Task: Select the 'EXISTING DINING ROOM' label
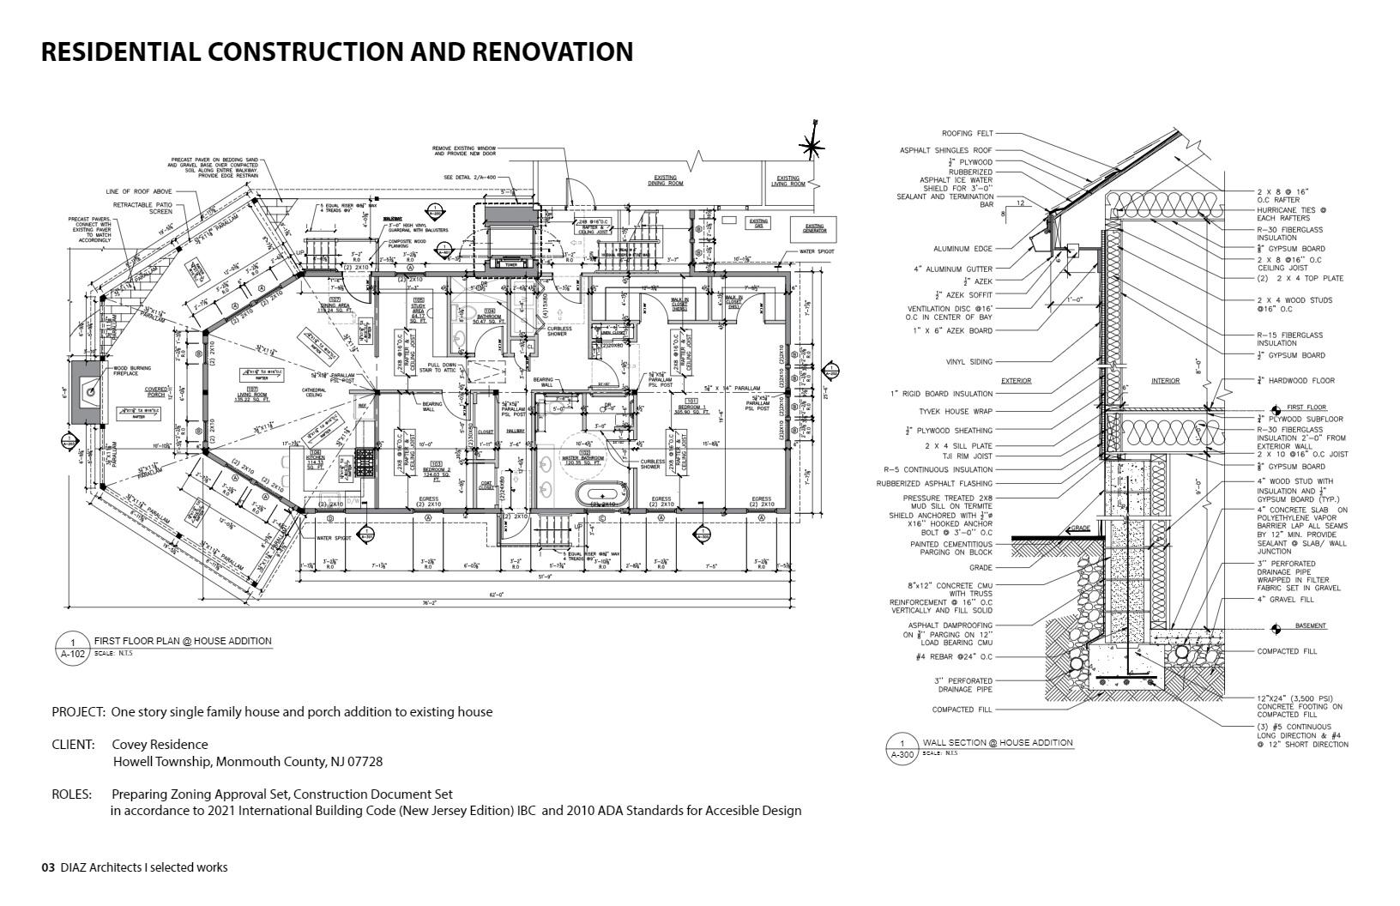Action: tap(665, 181)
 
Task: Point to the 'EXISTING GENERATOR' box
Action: tap(814, 226)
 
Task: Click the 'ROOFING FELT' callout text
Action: tap(967, 134)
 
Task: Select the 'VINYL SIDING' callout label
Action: tap(969, 362)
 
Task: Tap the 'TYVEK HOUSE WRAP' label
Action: tap(956, 411)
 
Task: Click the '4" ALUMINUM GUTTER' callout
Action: tap(952, 269)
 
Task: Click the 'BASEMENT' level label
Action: tap(1310, 625)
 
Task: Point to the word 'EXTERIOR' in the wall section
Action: tap(1016, 380)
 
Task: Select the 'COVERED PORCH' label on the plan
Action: tap(156, 392)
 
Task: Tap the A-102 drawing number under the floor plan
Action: tap(73, 654)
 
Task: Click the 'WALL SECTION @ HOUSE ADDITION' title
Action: tap(997, 743)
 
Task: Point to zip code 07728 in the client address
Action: tap(364, 762)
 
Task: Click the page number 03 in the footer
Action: tap(48, 867)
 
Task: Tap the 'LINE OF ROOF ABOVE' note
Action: tap(139, 191)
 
